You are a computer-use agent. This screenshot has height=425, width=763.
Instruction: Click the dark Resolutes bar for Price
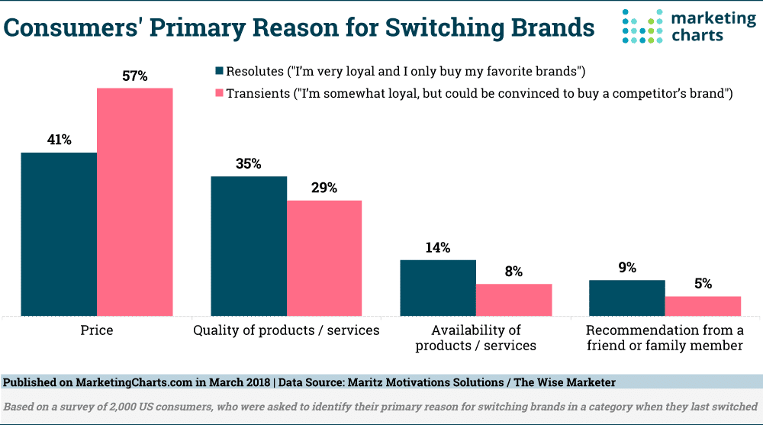pos(59,233)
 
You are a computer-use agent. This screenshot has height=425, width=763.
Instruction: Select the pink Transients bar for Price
pos(134,201)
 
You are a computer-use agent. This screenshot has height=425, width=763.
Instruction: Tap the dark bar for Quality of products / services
pos(249,246)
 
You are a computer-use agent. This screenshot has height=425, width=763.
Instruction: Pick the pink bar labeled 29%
pos(324,258)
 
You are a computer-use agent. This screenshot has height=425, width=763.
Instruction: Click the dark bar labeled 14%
pos(438,288)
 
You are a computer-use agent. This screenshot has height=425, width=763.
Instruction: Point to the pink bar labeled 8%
pos(513,299)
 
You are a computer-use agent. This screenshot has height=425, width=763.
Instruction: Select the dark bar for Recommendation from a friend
pos(626,298)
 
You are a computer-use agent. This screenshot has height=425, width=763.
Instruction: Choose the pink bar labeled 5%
pos(703,306)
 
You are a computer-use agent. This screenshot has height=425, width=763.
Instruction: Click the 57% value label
pos(134,76)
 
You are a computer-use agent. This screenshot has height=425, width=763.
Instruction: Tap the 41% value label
pos(58,140)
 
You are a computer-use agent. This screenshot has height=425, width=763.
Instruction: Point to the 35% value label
pos(249,163)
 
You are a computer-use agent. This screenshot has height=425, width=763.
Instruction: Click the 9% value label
pos(627,268)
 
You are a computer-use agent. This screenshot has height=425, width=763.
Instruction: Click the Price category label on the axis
pos(97,330)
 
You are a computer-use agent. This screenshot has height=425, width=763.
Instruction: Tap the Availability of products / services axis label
pos(476,337)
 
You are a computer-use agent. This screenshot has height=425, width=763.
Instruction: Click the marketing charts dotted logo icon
pos(639,27)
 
